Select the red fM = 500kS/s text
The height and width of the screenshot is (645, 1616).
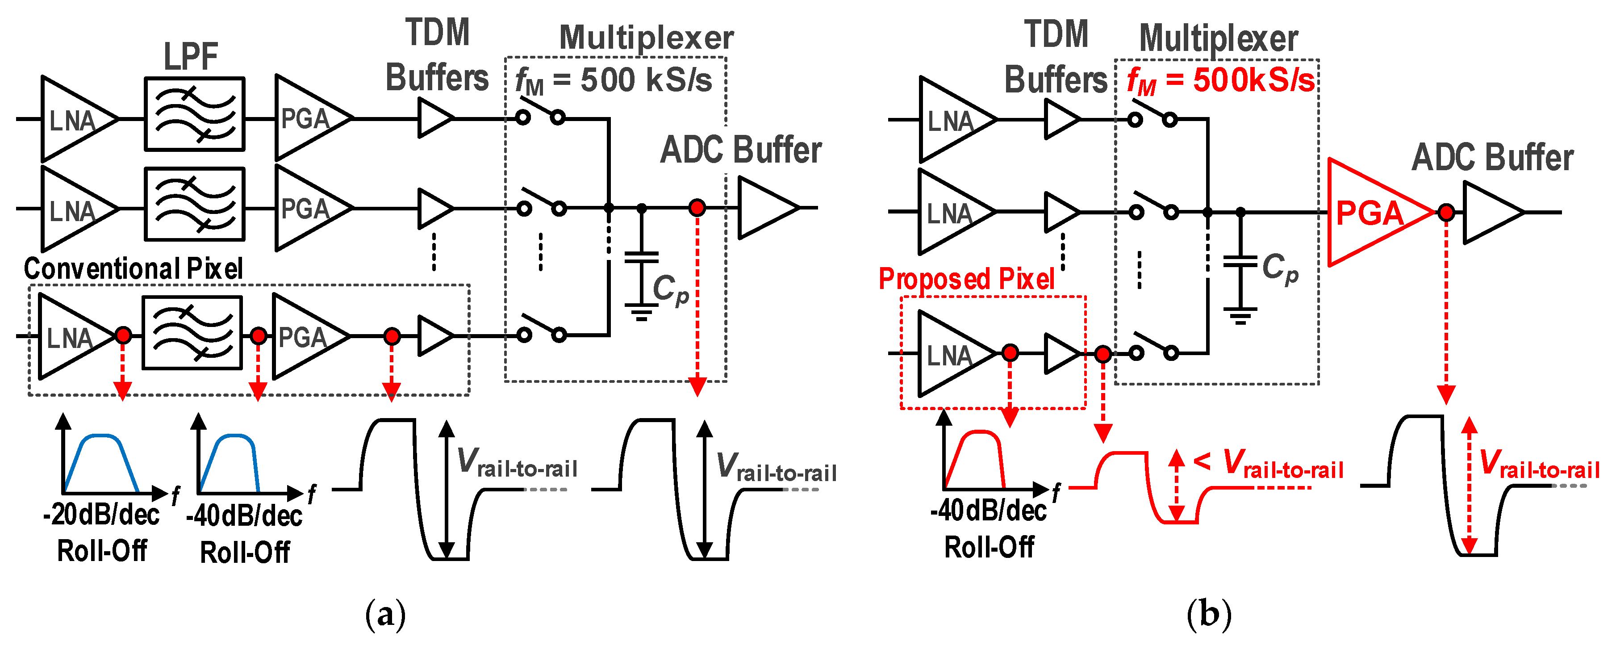[x=1221, y=81]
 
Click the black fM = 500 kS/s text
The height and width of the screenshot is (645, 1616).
[x=614, y=81]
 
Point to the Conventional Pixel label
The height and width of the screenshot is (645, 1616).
[x=133, y=268]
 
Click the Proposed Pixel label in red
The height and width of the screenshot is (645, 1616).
[x=967, y=279]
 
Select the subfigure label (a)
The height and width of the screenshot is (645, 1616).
[x=385, y=615]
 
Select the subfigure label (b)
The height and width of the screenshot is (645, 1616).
[x=1208, y=615]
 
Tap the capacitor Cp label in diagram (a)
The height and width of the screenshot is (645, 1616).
[x=670, y=290]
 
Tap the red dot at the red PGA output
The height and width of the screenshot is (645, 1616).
[x=1446, y=213]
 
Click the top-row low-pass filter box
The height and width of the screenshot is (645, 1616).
[x=195, y=114]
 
